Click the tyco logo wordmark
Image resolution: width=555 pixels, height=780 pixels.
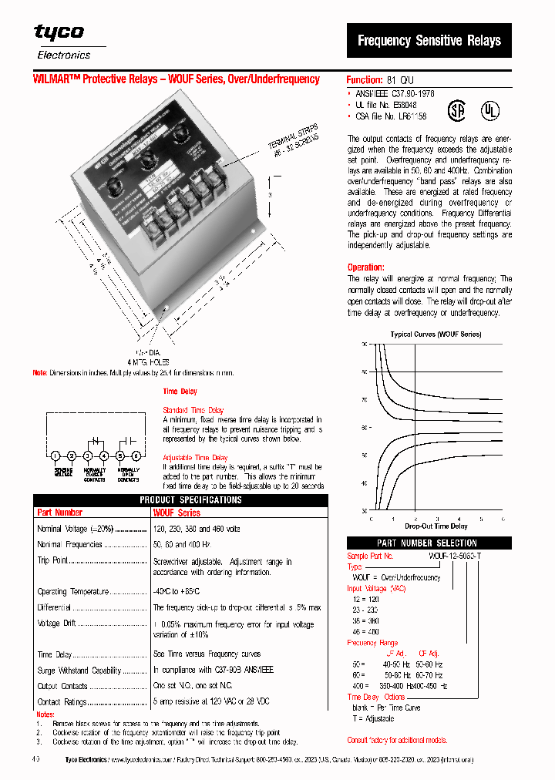[59, 32]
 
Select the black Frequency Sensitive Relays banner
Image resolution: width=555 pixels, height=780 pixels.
[429, 41]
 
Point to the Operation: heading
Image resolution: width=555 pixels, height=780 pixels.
[365, 267]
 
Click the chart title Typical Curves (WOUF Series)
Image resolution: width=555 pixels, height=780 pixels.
[436, 335]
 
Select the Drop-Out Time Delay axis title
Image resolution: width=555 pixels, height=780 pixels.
[436, 526]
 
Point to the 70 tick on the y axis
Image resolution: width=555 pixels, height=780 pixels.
[364, 400]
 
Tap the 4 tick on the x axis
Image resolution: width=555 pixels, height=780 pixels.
[459, 519]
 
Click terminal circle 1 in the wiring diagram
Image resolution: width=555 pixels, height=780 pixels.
[55, 456]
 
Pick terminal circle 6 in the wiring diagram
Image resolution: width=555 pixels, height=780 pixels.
[136, 456]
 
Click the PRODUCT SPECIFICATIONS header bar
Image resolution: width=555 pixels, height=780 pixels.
[180, 500]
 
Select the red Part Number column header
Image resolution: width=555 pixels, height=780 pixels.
[59, 513]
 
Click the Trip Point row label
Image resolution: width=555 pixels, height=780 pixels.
[54, 560]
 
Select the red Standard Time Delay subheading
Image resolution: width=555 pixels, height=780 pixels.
[193, 410]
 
